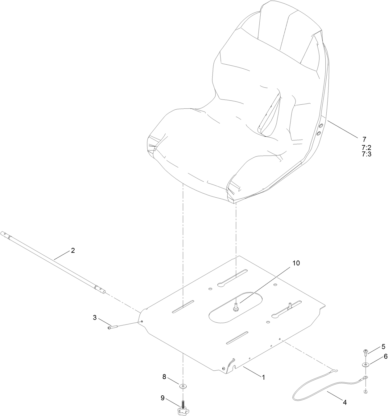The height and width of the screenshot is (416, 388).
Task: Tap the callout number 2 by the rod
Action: click(73, 250)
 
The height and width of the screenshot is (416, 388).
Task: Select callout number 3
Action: click(95, 317)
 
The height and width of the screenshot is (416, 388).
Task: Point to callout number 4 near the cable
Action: click(345, 402)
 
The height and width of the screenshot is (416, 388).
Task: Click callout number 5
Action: click(383, 346)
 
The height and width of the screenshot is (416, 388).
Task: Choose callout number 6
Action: click(385, 356)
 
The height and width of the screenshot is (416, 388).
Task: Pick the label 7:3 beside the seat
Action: click(366, 154)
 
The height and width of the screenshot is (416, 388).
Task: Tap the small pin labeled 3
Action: click(113, 327)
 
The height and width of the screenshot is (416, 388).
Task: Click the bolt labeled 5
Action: click(365, 352)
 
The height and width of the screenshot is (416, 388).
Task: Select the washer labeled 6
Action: click(365, 365)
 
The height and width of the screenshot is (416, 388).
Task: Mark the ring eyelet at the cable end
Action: click(365, 378)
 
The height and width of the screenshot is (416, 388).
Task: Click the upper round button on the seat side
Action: click(321, 126)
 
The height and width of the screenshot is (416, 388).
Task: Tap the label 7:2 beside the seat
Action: click(366, 147)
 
